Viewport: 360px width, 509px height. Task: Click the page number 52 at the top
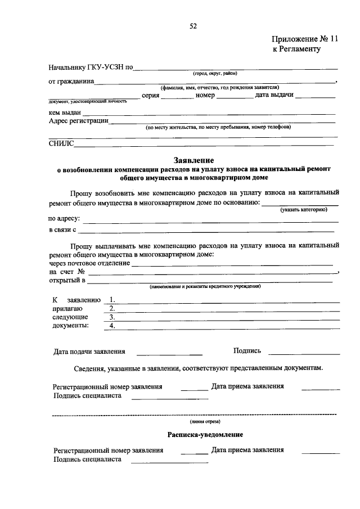tap(193, 26)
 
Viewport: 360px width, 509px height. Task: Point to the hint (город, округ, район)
tap(215, 74)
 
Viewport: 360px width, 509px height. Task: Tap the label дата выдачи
tap(274, 96)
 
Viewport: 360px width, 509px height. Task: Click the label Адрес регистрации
tap(78, 120)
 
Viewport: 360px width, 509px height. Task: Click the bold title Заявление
tap(193, 160)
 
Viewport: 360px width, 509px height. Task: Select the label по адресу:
tap(65, 218)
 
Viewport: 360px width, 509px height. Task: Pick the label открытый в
tap(67, 280)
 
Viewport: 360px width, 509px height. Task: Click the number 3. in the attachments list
tap(112, 317)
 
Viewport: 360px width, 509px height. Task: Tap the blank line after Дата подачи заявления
tap(169, 352)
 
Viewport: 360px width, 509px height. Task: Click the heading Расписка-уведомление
tap(205, 435)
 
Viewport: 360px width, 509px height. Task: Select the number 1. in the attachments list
tap(112, 300)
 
